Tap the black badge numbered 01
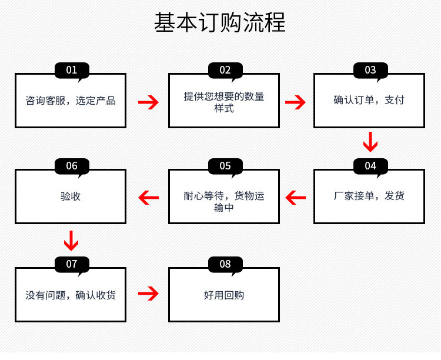(x=72, y=70)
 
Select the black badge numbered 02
(x=225, y=70)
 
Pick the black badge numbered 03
(x=370, y=70)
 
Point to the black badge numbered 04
(x=370, y=166)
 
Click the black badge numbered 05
(x=225, y=166)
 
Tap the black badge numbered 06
(x=72, y=166)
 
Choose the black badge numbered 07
(x=72, y=264)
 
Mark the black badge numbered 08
(x=225, y=264)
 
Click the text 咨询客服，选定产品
(x=71, y=101)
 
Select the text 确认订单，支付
(x=369, y=101)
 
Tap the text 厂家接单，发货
(x=369, y=196)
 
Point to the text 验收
(x=71, y=196)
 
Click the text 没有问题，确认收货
(x=71, y=295)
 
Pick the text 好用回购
(x=224, y=295)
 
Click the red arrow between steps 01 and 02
(x=148, y=102)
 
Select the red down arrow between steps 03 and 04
(x=370, y=142)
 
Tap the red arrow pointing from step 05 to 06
(x=148, y=198)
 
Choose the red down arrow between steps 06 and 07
(x=71, y=240)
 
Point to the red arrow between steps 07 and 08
(x=148, y=294)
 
